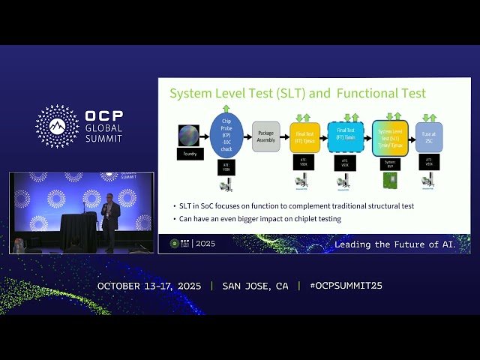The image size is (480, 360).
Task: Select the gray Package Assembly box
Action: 265,136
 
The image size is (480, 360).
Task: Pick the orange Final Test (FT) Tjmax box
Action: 304,137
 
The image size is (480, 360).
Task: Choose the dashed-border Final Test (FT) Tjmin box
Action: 345,137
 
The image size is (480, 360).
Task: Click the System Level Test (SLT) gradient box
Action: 390,137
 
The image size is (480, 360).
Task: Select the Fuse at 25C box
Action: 429,137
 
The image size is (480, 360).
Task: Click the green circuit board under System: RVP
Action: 390,181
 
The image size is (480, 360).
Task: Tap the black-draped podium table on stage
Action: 79,232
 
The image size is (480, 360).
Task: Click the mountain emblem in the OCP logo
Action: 57,126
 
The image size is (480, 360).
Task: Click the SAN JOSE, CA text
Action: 255,286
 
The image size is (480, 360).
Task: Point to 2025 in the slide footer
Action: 205,244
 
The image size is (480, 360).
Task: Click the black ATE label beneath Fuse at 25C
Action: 429,160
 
